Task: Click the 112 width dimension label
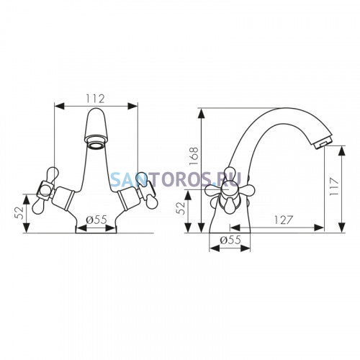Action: coord(96,99)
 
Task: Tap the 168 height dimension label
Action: coord(194,156)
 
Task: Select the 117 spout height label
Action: coord(334,186)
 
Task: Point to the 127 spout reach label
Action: coord(284,220)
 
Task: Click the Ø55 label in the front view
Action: coord(96,220)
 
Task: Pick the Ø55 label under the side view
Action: coord(230,240)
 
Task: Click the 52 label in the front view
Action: coord(19,212)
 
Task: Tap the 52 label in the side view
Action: coord(181,208)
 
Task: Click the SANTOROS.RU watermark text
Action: coord(176,179)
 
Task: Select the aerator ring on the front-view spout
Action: coord(96,145)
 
